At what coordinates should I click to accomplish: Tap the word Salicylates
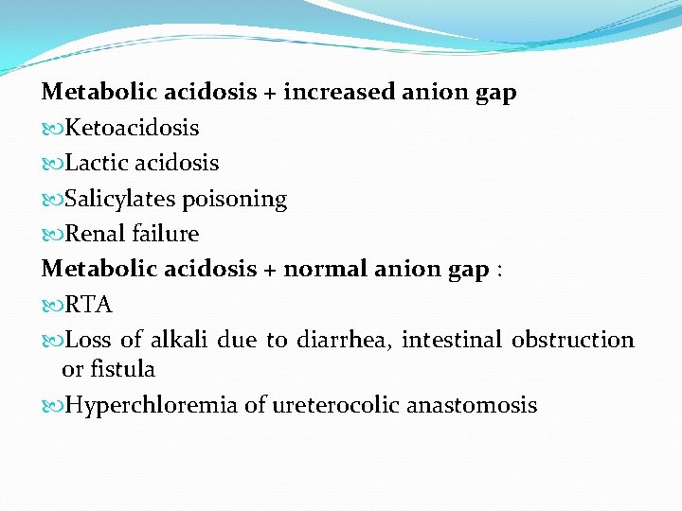point(119,199)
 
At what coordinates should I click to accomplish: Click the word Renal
point(95,234)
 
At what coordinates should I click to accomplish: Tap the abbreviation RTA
point(89,305)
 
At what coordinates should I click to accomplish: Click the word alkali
point(175,340)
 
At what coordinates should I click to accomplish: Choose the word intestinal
point(452,340)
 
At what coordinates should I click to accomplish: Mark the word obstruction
point(573,340)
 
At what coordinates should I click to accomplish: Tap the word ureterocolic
point(335,406)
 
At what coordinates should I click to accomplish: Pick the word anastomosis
point(472,406)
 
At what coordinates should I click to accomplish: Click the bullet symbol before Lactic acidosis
point(52,164)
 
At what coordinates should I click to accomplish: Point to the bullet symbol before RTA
point(52,306)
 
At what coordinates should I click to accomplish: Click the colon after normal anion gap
point(500,272)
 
